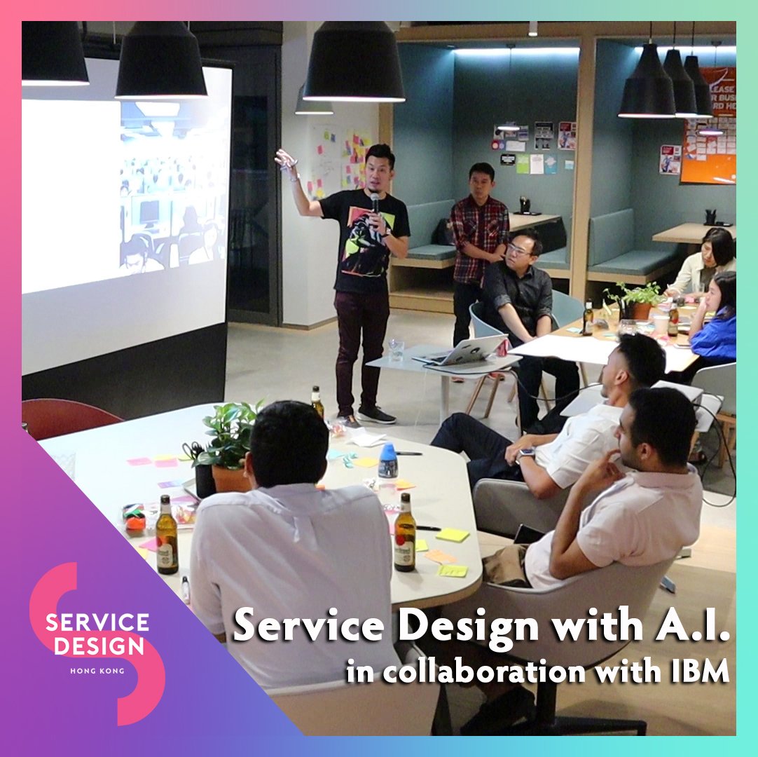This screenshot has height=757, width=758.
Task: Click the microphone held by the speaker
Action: point(375,203)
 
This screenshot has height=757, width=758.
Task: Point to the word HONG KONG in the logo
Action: point(97,671)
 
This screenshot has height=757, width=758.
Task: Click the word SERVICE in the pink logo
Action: point(97,622)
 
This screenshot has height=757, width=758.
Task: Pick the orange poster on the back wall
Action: point(709,126)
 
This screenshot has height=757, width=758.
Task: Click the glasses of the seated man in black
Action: point(519,250)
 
